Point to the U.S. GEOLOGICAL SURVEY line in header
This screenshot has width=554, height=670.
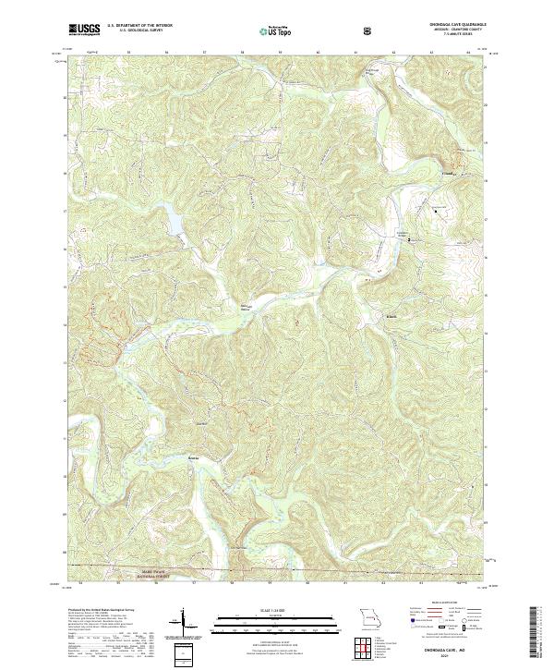point(136,31)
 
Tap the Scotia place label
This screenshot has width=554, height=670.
point(192,457)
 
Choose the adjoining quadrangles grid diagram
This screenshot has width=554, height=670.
point(367,641)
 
